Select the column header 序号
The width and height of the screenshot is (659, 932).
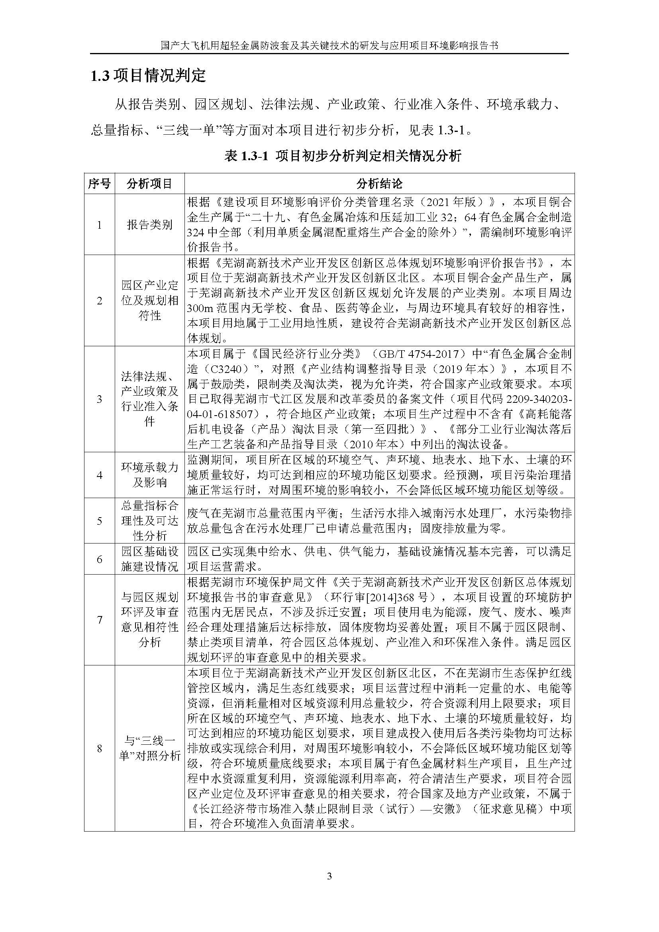pyautogui.click(x=100, y=183)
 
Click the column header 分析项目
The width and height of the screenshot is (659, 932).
pyautogui.click(x=149, y=183)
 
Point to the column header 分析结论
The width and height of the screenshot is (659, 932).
pyautogui.click(x=379, y=183)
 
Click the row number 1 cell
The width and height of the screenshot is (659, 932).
pyautogui.click(x=100, y=224)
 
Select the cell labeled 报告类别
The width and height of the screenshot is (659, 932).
pyautogui.click(x=149, y=224)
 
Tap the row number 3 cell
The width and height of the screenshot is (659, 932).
pyautogui.click(x=100, y=399)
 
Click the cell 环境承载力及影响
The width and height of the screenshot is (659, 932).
pyautogui.click(x=149, y=475)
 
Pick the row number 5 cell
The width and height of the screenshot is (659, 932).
pyautogui.click(x=100, y=520)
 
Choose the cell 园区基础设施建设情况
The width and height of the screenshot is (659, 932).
pyautogui.click(x=149, y=559)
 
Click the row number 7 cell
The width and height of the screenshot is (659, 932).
pyautogui.click(x=100, y=620)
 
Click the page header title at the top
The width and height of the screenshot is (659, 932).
pyautogui.click(x=329, y=45)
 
